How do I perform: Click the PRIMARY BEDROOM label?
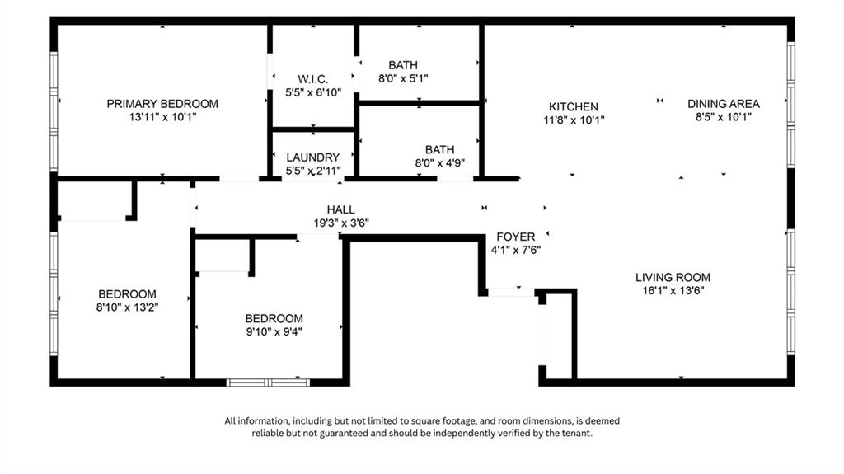click(162, 104)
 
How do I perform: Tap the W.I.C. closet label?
click(307, 79)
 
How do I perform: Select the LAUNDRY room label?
click(312, 157)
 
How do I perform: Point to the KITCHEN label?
click(574, 106)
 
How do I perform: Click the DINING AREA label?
click(724, 104)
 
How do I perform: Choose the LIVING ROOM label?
click(673, 277)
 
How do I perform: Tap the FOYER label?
click(515, 237)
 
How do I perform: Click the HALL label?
click(340, 210)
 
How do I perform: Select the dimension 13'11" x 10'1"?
click(162, 118)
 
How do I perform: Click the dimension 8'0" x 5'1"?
click(403, 78)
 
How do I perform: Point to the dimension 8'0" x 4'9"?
click(439, 162)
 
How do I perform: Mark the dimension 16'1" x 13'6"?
click(673, 290)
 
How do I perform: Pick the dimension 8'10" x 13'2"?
click(127, 307)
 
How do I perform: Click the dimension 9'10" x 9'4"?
click(274, 332)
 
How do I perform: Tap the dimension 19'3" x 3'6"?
click(340, 223)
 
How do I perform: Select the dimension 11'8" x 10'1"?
click(574, 120)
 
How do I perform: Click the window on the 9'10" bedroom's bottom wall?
click(268, 382)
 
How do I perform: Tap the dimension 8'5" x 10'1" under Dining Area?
click(724, 117)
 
